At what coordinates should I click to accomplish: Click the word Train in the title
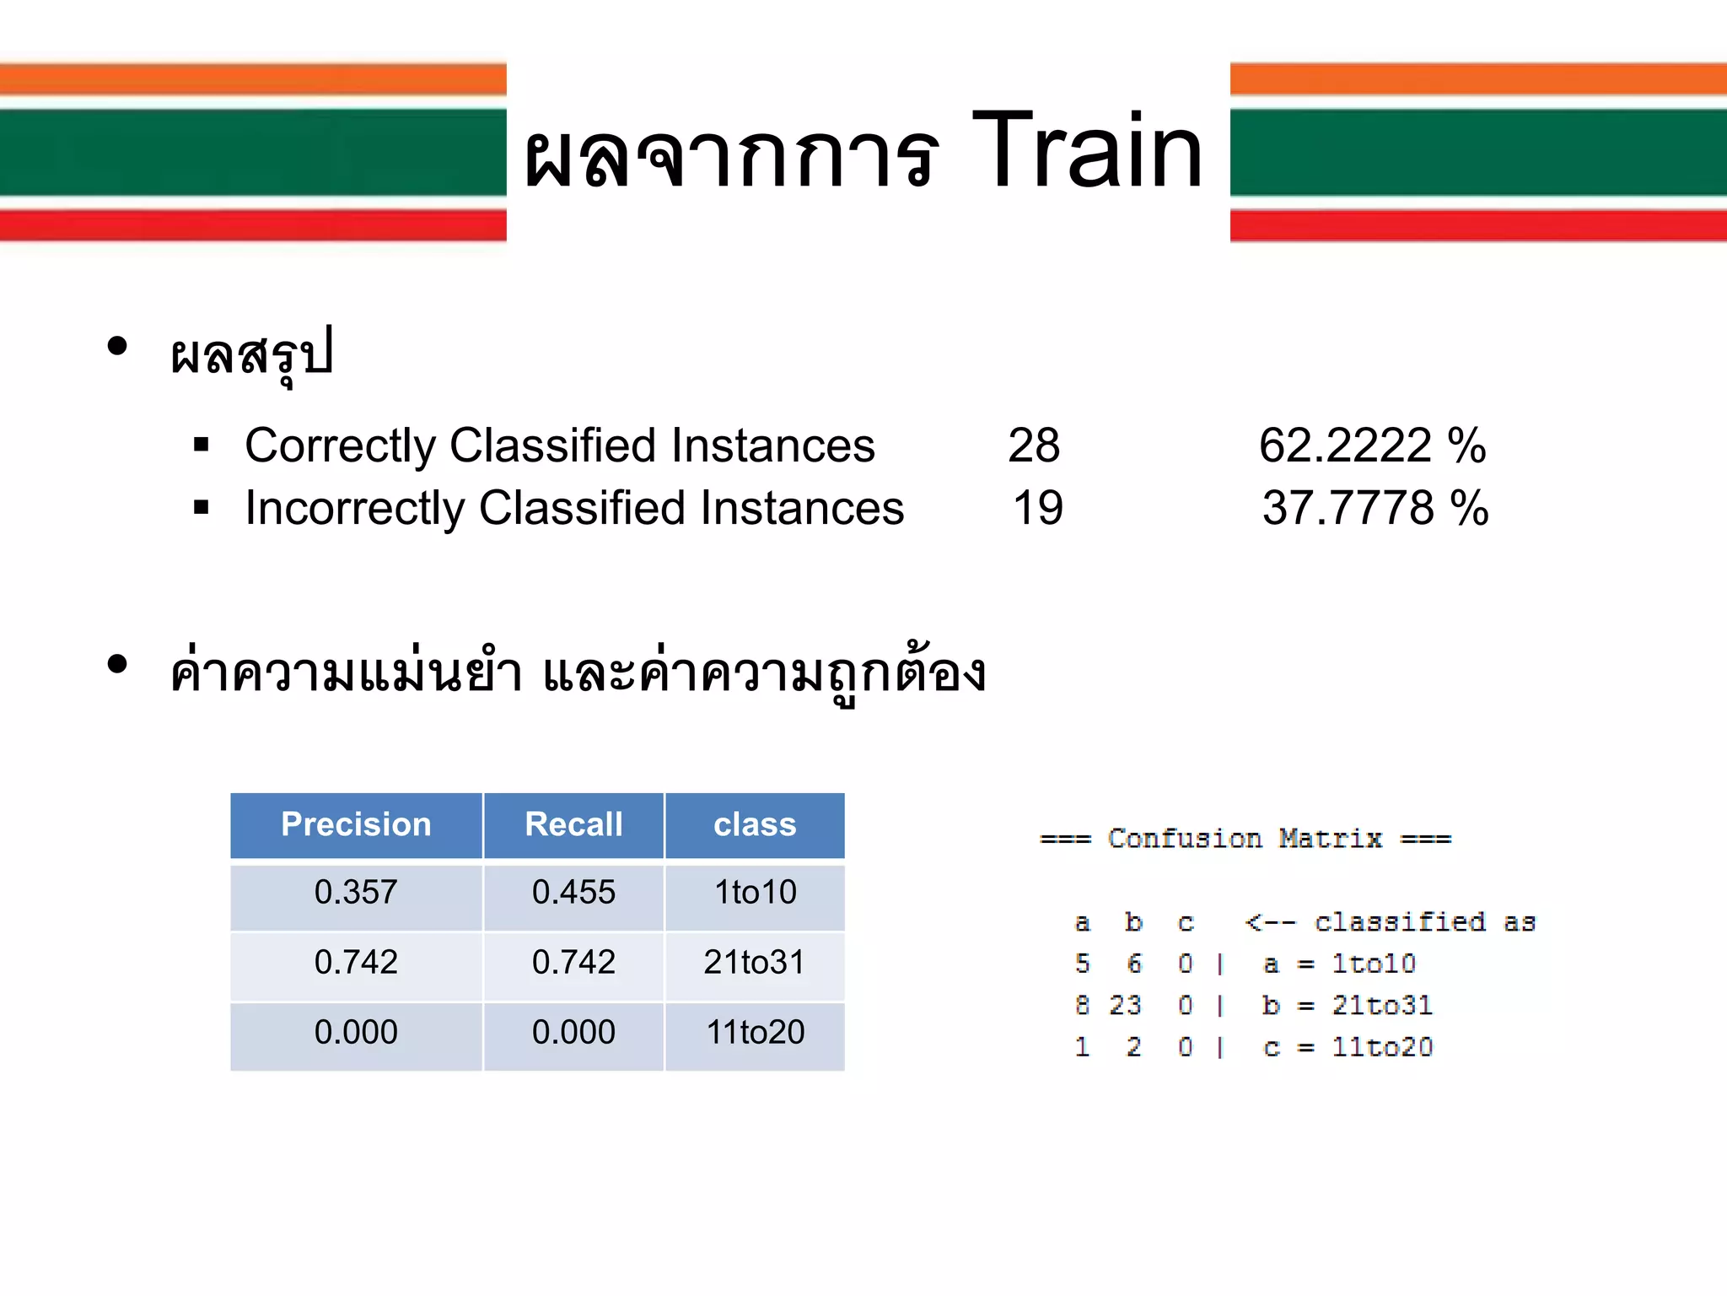1087,152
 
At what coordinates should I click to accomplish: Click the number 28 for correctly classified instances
1034,445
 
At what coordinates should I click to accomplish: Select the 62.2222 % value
1372,445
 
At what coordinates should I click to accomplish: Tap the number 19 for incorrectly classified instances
1038,508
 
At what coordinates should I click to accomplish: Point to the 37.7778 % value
1375,508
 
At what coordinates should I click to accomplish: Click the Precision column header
356,824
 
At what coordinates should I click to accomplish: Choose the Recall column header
573,824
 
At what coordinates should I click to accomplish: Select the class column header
755,824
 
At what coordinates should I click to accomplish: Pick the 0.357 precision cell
356,893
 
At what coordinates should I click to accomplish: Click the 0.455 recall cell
573,893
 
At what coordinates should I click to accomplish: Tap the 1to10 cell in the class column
755,893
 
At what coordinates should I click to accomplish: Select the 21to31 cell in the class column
755,963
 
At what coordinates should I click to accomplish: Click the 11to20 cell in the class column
755,1033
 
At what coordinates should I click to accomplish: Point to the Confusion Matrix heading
1245,839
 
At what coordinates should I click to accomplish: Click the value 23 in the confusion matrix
1125,1005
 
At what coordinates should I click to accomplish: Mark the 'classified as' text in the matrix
1425,922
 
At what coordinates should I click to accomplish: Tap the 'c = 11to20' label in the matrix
1348,1047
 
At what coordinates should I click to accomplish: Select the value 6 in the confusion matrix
1134,964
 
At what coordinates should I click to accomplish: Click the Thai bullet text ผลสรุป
251,354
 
